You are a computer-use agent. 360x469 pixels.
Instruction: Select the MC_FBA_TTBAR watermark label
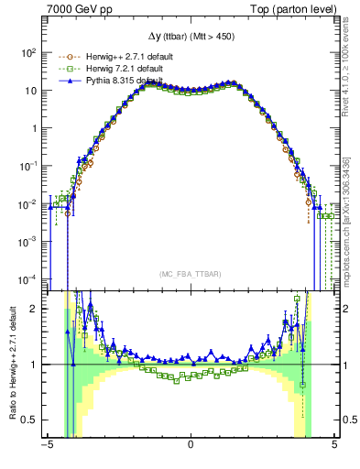point(190,274)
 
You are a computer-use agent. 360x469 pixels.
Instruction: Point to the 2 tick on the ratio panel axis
point(34,309)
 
